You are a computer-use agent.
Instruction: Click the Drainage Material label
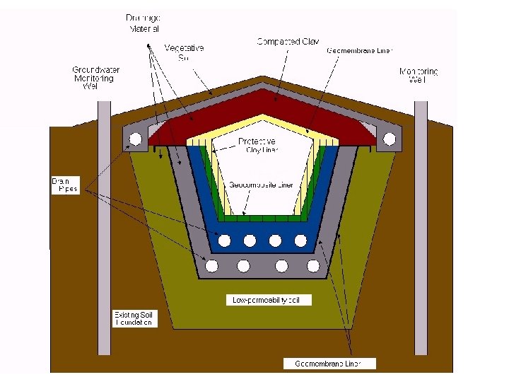tap(144, 23)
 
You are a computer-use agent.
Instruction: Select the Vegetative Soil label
tap(184, 52)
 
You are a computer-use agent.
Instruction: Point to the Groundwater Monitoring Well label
tap(95, 77)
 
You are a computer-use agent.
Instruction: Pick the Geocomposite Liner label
tap(267, 185)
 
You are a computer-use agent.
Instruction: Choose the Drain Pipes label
tap(64, 185)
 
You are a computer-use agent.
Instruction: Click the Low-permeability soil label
tap(271, 300)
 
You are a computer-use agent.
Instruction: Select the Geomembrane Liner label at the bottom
tap(329, 364)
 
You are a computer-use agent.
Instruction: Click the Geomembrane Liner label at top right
tap(359, 51)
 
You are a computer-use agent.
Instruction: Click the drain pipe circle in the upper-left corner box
tap(135, 139)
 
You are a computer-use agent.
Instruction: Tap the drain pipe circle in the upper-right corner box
tap(390, 139)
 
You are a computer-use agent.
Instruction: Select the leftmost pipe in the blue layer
tap(224, 241)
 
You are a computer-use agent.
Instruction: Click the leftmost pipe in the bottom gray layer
tap(211, 266)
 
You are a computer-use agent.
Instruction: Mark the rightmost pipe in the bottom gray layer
tap(314, 266)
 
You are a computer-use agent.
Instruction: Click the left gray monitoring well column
tap(105, 226)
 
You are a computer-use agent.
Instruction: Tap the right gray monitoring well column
tap(421, 226)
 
